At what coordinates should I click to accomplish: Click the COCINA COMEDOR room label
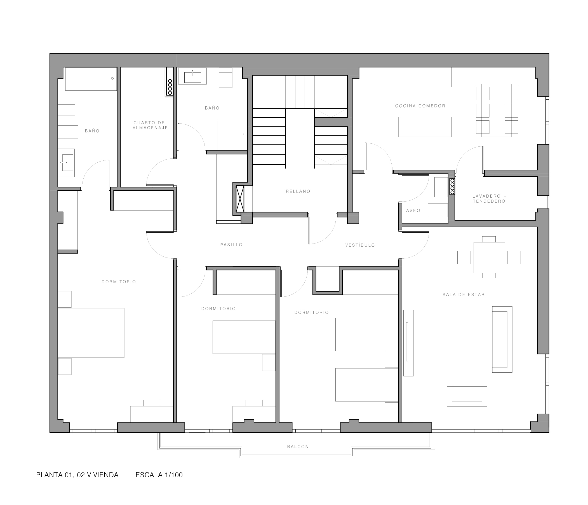click(x=420, y=106)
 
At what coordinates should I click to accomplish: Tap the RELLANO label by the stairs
click(x=298, y=191)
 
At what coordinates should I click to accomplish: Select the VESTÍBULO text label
click(x=360, y=245)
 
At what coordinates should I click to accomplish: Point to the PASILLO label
click(x=231, y=245)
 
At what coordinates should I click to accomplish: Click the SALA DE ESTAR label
click(x=464, y=295)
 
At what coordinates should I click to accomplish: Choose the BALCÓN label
click(x=298, y=447)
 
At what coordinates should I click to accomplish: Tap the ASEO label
click(x=413, y=211)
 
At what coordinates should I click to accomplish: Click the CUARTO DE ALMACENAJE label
click(x=150, y=125)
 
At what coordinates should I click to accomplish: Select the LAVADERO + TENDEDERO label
click(x=489, y=198)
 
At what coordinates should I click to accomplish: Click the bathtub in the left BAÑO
click(x=91, y=79)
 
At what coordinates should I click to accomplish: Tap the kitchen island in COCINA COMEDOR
click(x=425, y=127)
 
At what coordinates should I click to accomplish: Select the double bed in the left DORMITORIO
click(x=91, y=333)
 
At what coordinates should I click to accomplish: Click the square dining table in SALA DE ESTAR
click(x=489, y=258)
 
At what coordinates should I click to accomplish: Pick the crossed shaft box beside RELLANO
click(x=240, y=199)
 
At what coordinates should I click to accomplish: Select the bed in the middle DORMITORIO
click(x=244, y=337)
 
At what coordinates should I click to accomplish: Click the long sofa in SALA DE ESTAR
click(x=502, y=339)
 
